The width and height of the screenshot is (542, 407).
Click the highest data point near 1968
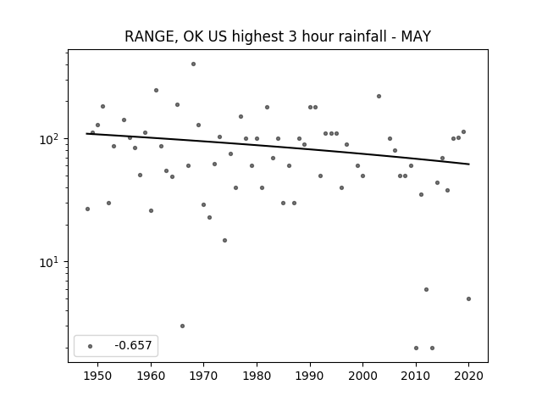(x=193, y=64)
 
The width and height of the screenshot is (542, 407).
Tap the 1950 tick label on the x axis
(x=98, y=376)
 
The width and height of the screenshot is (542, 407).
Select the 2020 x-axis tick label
(x=468, y=376)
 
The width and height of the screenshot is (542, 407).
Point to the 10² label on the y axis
(x=51, y=139)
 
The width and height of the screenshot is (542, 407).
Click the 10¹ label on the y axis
(x=51, y=262)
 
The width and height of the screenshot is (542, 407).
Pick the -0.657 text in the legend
(x=133, y=345)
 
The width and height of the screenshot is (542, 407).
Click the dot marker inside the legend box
(x=91, y=346)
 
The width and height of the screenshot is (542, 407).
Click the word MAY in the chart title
(x=416, y=36)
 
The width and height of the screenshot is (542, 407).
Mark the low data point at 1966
(x=183, y=326)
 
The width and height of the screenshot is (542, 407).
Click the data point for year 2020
(x=468, y=299)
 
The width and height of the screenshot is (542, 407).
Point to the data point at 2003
(x=379, y=96)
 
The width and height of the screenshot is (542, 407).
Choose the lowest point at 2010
(x=416, y=348)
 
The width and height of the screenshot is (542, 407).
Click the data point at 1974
(x=224, y=241)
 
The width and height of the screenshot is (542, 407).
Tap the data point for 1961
(x=156, y=91)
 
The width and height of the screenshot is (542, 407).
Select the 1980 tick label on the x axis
(x=257, y=376)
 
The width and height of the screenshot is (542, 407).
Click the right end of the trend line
(x=469, y=164)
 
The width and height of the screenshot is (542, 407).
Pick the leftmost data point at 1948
(x=87, y=209)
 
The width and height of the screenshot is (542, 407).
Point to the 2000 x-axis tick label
(x=363, y=376)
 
